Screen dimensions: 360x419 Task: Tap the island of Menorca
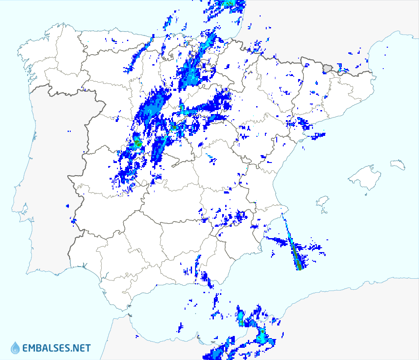click(398, 164)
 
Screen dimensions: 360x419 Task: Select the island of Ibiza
click(322, 201)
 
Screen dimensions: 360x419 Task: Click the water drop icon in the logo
click(15, 348)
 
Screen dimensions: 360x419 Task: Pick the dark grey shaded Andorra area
click(328, 68)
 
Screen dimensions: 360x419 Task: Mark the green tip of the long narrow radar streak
click(299, 267)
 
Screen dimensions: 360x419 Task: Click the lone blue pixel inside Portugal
click(69, 132)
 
